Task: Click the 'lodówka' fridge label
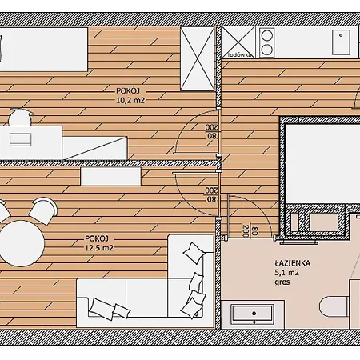[x=240, y=55]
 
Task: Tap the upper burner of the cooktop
[x=266, y=36]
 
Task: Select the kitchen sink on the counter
[x=341, y=42]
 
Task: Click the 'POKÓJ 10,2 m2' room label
[x=130, y=95]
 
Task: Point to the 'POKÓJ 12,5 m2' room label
[x=99, y=243]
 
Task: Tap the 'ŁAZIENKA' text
[x=293, y=263]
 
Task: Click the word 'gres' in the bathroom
[x=282, y=282]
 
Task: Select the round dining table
[x=22, y=243]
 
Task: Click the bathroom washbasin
[x=253, y=314]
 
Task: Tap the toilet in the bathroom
[x=334, y=307]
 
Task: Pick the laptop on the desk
[x=21, y=139]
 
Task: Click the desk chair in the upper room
[x=20, y=117]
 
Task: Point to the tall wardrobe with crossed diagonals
[x=198, y=58]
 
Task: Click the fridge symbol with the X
[x=238, y=42]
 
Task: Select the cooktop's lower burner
[x=266, y=50]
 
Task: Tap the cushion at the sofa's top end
[x=195, y=253]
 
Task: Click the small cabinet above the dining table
[x=110, y=176]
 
